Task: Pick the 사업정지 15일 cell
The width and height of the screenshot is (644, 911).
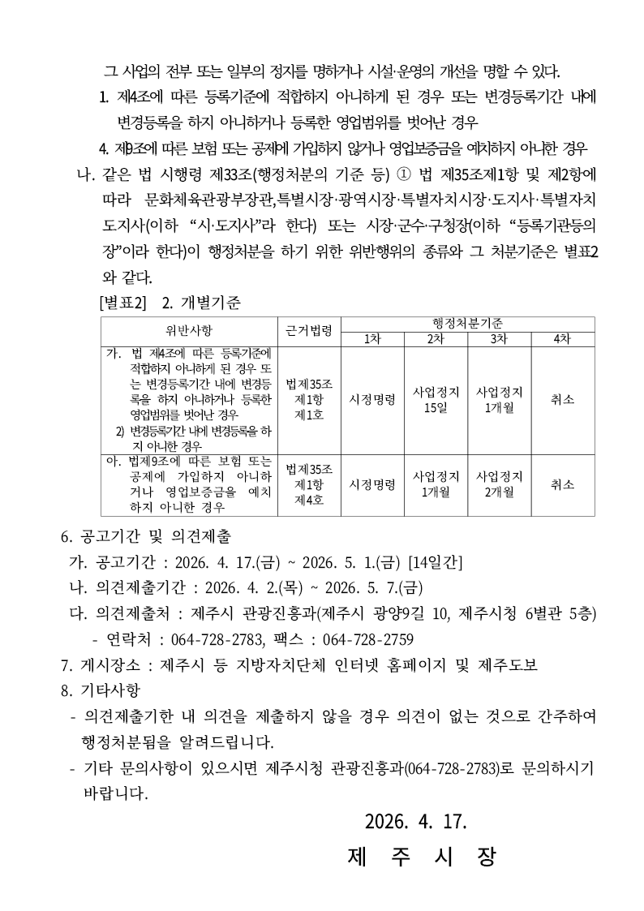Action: (x=436, y=399)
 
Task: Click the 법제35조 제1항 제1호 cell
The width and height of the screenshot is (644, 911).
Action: (x=309, y=399)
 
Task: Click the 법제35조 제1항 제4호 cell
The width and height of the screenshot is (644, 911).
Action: (x=309, y=484)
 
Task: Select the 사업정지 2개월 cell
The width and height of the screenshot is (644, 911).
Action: (x=499, y=484)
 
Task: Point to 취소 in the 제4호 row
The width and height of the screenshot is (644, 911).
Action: (x=562, y=484)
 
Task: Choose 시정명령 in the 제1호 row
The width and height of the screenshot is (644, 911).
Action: (x=372, y=399)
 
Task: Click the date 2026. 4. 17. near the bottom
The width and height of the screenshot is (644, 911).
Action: (x=416, y=822)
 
